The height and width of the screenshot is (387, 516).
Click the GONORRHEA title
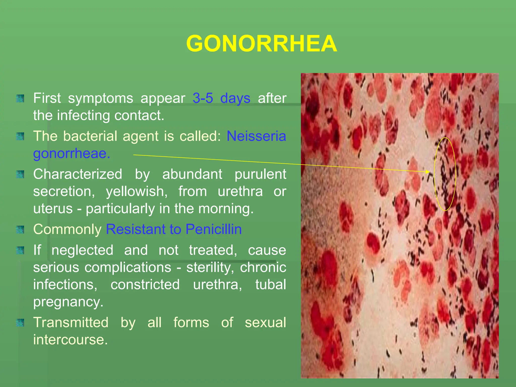click(x=261, y=44)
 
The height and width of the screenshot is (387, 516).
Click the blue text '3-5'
click(x=203, y=98)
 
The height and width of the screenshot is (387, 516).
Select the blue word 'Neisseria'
click(x=256, y=136)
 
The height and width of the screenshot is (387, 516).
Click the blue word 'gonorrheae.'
click(x=72, y=154)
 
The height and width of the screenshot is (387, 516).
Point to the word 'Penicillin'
click(x=213, y=229)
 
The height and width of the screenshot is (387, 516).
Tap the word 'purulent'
click(x=260, y=174)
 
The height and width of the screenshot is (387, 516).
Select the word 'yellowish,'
click(x=137, y=191)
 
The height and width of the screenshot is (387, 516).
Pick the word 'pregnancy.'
click(x=68, y=302)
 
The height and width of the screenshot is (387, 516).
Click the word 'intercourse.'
click(x=71, y=340)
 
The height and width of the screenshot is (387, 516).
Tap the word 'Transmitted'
click(x=71, y=322)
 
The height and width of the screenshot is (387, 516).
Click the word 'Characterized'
click(x=78, y=174)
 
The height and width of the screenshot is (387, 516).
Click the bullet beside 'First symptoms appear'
click(x=20, y=99)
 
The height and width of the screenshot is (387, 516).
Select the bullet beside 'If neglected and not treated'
click(x=20, y=250)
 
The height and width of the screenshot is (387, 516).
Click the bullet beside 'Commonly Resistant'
click(x=20, y=230)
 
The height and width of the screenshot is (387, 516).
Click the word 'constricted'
click(x=145, y=285)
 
